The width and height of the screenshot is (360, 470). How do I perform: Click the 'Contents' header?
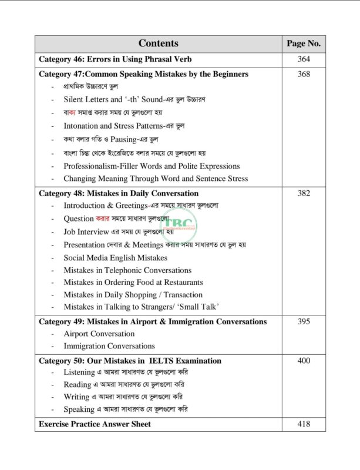click(x=158, y=43)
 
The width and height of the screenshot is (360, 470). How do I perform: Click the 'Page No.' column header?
click(x=303, y=43)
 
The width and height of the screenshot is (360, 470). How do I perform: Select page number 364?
click(x=303, y=59)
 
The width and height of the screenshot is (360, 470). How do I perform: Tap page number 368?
click(x=303, y=74)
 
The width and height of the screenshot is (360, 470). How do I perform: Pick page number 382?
click(x=303, y=193)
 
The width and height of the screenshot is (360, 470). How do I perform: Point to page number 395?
click(x=303, y=321)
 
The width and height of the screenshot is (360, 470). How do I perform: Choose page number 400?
click(x=303, y=360)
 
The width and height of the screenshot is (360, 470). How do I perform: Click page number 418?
click(x=303, y=424)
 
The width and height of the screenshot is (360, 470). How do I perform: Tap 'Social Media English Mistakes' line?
click(x=115, y=257)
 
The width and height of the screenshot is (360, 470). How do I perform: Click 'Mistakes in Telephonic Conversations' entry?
click(x=127, y=270)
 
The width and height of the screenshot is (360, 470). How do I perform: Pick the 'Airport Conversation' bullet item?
click(x=99, y=334)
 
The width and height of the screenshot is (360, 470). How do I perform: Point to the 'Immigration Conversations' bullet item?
click(x=109, y=346)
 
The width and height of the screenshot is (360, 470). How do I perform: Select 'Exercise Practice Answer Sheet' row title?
click(x=95, y=424)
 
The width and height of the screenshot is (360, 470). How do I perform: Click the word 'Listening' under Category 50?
click(x=79, y=372)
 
